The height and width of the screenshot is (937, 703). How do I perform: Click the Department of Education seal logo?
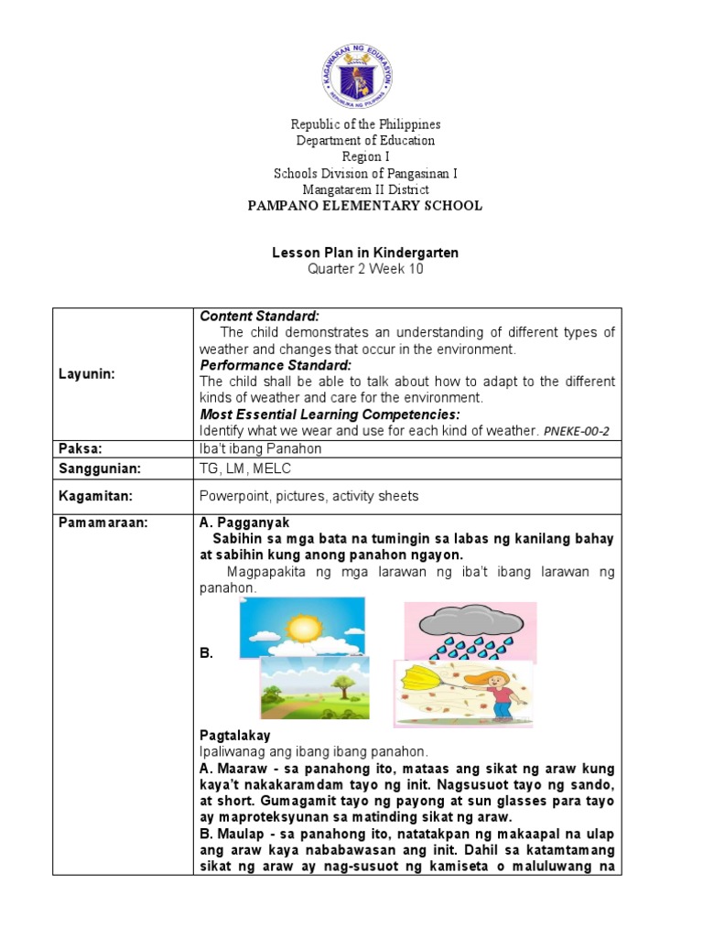(358, 74)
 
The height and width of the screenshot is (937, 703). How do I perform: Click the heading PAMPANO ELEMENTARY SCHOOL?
(365, 206)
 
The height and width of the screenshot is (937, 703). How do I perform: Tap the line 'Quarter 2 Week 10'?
(365, 270)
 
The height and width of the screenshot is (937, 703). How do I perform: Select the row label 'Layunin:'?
(88, 373)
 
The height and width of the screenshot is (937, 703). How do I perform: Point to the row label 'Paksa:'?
(80, 448)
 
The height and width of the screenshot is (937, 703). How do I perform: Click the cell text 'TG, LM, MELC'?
(238, 468)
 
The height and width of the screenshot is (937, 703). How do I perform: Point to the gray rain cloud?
(470, 623)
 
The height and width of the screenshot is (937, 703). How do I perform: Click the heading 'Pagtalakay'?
(235, 736)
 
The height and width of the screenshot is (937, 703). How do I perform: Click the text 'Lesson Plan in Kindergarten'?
(365, 253)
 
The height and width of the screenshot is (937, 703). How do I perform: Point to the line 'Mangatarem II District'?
(365, 189)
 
